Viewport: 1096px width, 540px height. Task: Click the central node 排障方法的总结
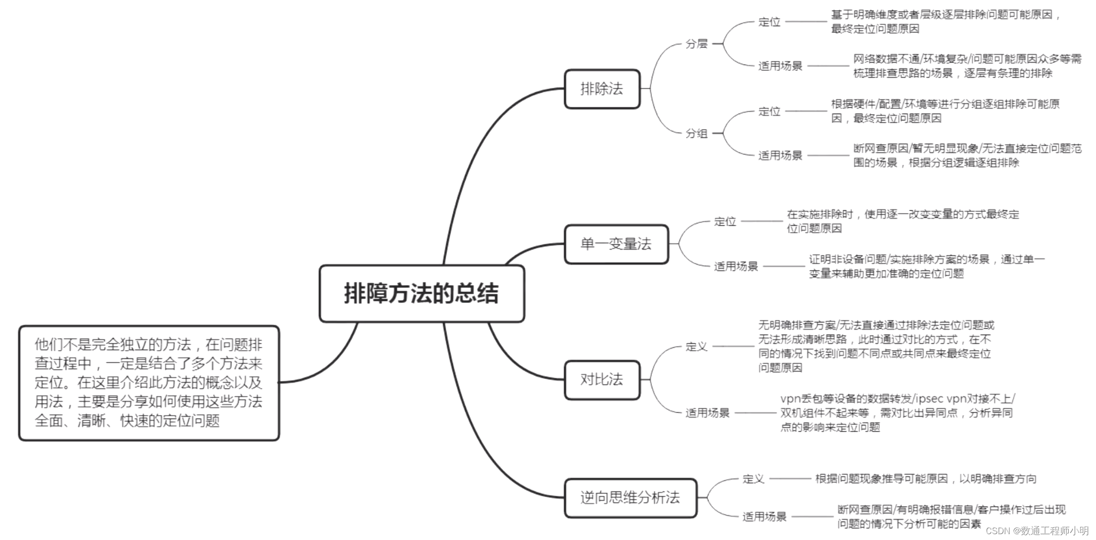coord(422,294)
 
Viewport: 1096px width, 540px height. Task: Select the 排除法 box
coord(602,89)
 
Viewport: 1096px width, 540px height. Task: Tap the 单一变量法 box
coord(616,244)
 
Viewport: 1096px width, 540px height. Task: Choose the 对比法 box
coord(602,380)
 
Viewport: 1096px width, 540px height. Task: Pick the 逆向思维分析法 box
coord(630,498)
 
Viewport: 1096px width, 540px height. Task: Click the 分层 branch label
coord(696,44)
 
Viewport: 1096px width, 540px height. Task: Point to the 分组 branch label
coord(696,133)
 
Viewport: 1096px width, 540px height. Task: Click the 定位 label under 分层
coord(769,22)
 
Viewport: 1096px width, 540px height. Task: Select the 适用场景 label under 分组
coord(780,156)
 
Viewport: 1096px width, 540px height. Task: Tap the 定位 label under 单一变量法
coord(724,221)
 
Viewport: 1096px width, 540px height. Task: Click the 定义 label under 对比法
coord(696,346)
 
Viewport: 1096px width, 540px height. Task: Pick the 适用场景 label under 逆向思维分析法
coord(764,517)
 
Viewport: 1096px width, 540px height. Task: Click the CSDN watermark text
coord(1037,531)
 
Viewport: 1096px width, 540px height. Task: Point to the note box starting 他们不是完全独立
coord(149,383)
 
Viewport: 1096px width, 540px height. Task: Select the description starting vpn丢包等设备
coord(897,413)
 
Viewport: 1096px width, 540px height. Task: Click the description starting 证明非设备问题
coord(926,266)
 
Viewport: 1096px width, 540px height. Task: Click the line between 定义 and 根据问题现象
coord(790,479)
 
